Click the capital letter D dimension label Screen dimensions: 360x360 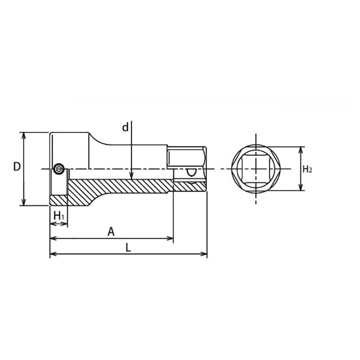(x=17, y=167)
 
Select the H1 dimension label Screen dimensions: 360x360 (x=59, y=216)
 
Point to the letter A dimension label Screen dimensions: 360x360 (x=111, y=232)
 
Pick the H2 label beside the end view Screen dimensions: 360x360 (x=307, y=169)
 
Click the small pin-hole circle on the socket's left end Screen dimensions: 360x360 (x=58, y=169)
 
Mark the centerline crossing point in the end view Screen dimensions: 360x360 (x=256, y=169)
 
